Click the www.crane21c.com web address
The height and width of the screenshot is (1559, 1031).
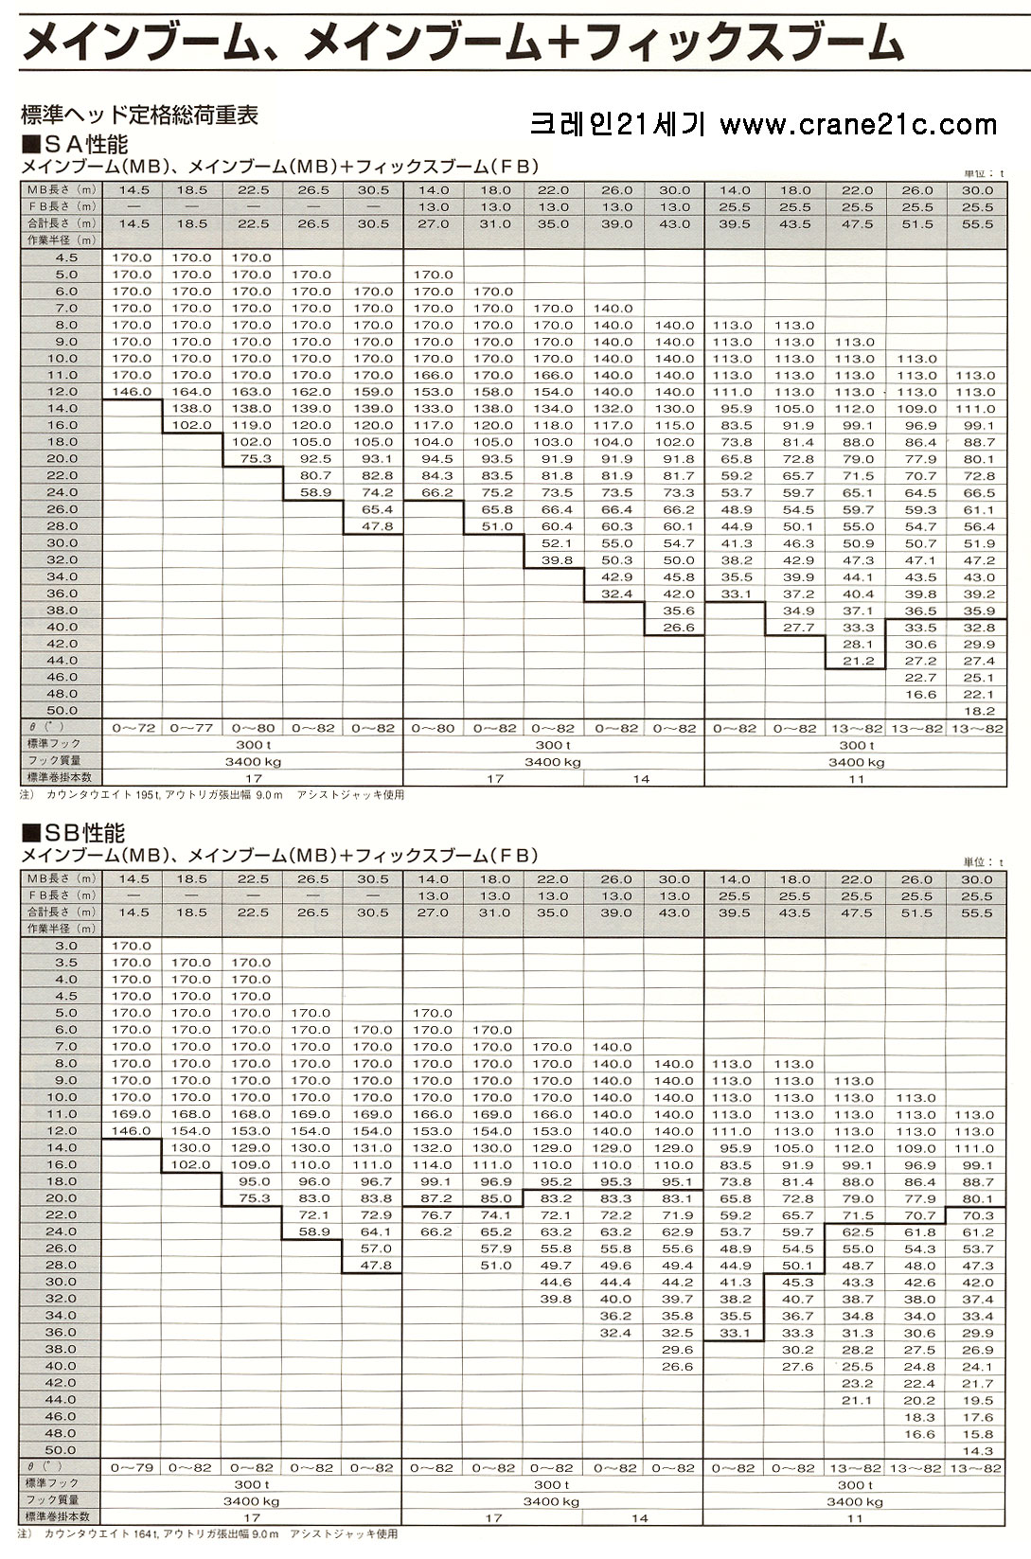coord(859,125)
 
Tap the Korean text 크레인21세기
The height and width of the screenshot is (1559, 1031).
coord(618,125)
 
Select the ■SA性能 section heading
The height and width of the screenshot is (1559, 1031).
coord(75,144)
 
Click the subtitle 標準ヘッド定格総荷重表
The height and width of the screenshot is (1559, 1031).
coord(140,115)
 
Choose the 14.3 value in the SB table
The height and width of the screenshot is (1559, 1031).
coord(977,1451)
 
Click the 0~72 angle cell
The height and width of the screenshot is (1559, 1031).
coord(133,728)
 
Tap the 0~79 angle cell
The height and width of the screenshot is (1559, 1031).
coord(132,1468)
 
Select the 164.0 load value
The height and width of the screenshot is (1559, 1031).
coord(191,392)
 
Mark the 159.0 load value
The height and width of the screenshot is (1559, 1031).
coord(373,392)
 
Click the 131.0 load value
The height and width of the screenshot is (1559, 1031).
coord(372,1148)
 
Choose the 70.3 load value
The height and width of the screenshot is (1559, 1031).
coord(977,1215)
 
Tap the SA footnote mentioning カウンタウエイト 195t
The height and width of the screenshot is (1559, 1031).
coord(212,794)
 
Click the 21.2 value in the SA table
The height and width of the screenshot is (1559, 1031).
coord(858,662)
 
